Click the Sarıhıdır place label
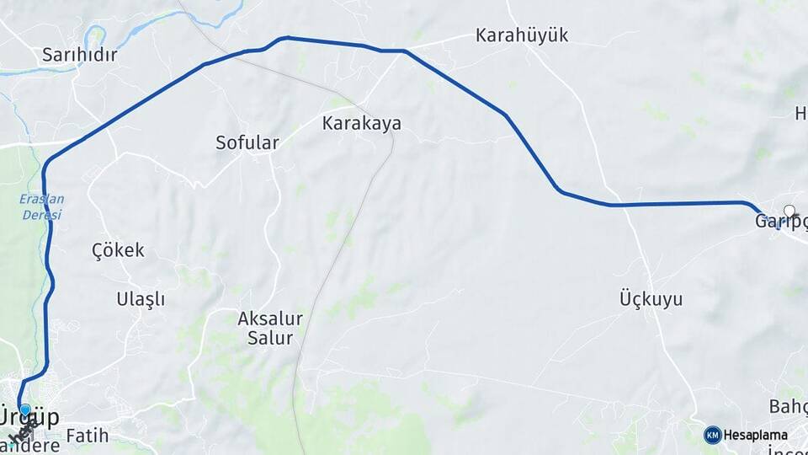pos(79,56)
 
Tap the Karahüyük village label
pos(522,35)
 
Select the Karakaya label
pos(361,123)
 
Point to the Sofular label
pos(247,142)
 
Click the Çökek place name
pos(118,250)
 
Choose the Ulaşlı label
pos(141,298)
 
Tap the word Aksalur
pos(269,318)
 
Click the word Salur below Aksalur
pos(269,339)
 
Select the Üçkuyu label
pos(651,298)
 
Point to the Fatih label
pos(87,436)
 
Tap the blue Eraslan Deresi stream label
pos(41,207)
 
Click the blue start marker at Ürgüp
pos(25,410)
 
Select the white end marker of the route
pos(789,211)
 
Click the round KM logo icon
pos(712,435)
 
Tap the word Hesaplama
pos(756,436)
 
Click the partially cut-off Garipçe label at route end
pos(779,222)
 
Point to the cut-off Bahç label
pos(788,407)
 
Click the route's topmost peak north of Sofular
pos(287,37)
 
